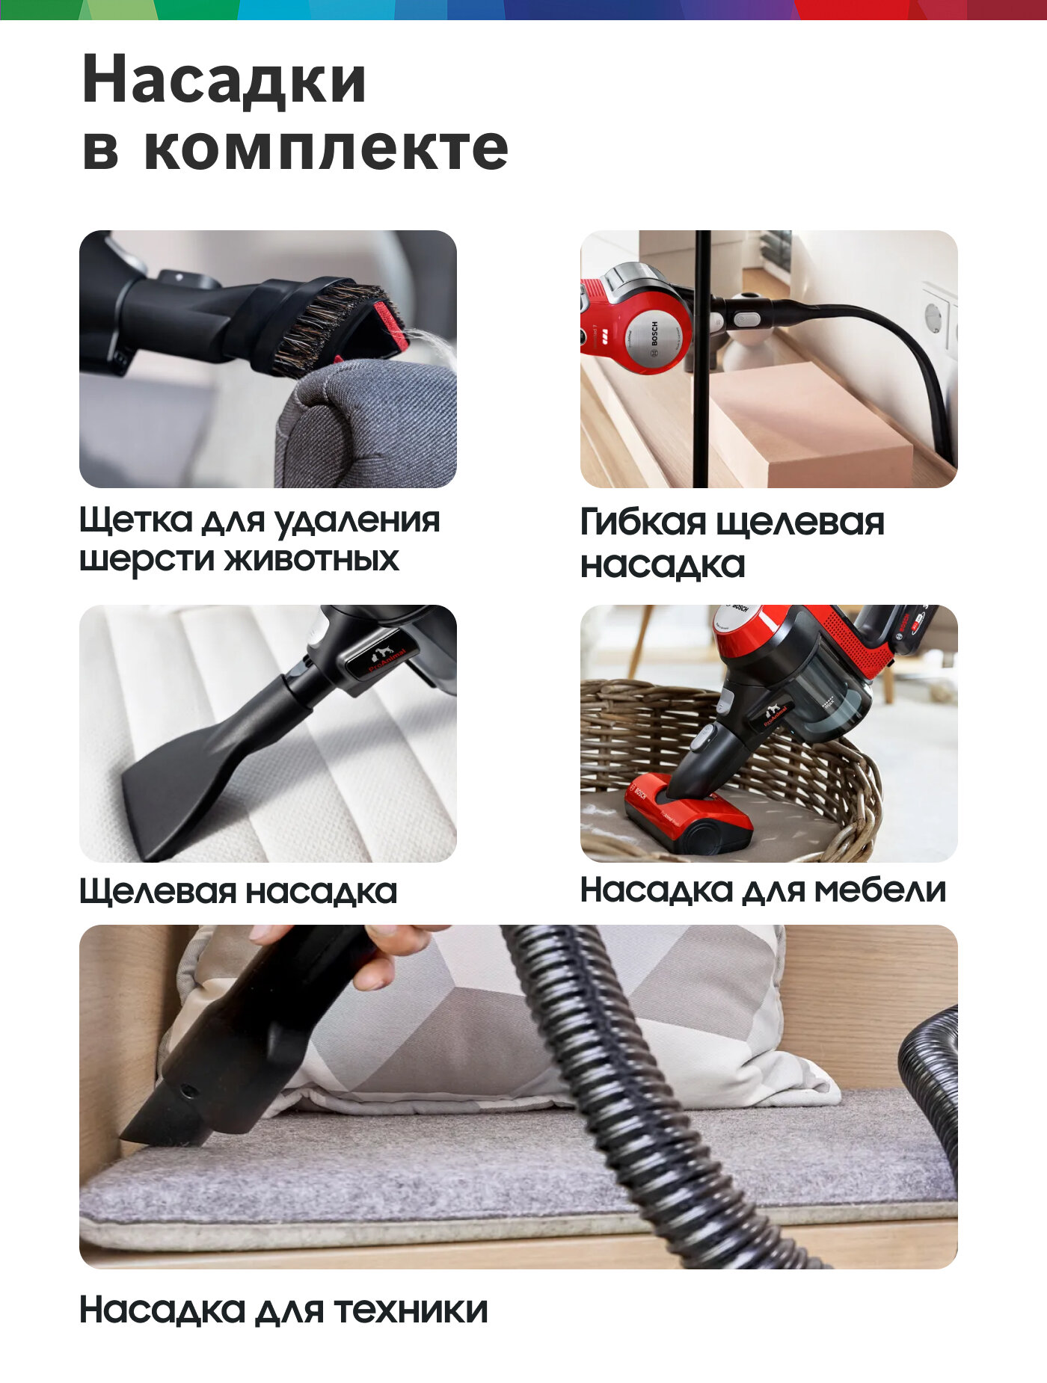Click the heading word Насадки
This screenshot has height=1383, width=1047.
tap(224, 80)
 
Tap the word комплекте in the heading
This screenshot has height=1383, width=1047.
tap(325, 148)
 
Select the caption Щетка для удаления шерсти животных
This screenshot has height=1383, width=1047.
tap(260, 540)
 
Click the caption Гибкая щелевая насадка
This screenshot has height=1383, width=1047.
tap(732, 543)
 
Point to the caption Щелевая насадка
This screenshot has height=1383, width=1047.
tap(238, 891)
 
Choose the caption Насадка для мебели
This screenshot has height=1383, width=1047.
tap(763, 890)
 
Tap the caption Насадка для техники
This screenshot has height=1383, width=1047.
tap(283, 1310)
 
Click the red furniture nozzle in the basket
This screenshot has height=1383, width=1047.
tap(688, 815)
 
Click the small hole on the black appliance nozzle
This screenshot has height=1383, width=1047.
tap(186, 1091)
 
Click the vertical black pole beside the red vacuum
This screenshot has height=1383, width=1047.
tap(701, 359)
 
